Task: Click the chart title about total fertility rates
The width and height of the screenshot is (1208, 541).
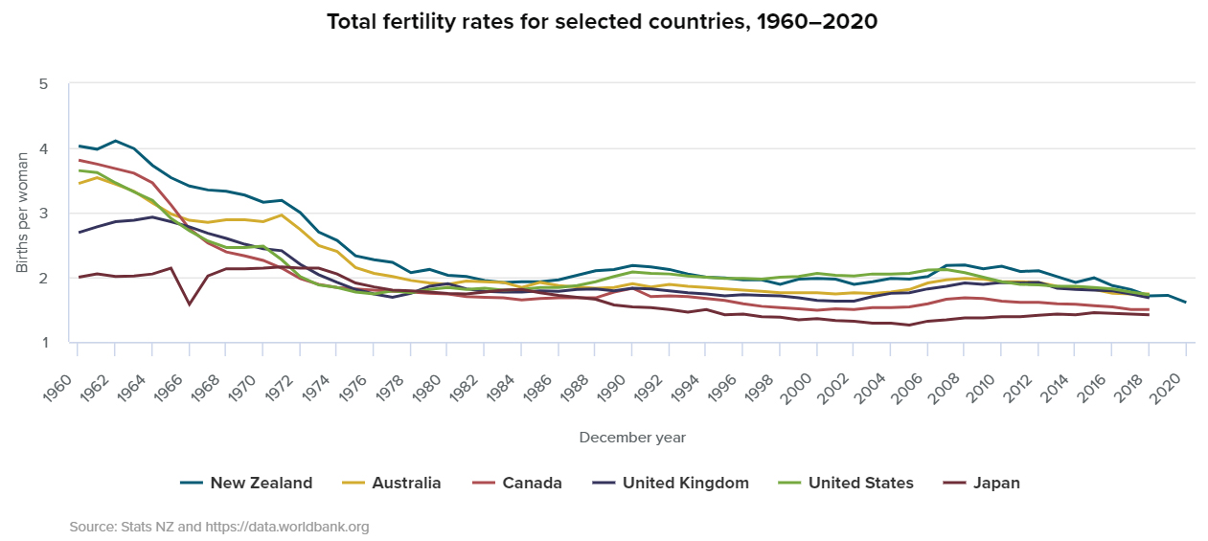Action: (604, 21)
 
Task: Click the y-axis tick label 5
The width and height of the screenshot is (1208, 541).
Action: (43, 84)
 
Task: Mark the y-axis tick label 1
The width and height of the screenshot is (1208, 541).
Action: (43, 343)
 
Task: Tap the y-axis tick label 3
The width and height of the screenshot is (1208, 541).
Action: (43, 214)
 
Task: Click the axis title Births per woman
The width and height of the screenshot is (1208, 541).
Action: (22, 213)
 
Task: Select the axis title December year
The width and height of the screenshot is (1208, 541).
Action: (632, 438)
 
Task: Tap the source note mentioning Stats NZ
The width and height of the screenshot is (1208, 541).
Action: (218, 527)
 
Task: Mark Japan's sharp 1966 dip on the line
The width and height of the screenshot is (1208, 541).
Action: (189, 304)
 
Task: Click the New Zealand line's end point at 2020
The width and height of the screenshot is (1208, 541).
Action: (1186, 303)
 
